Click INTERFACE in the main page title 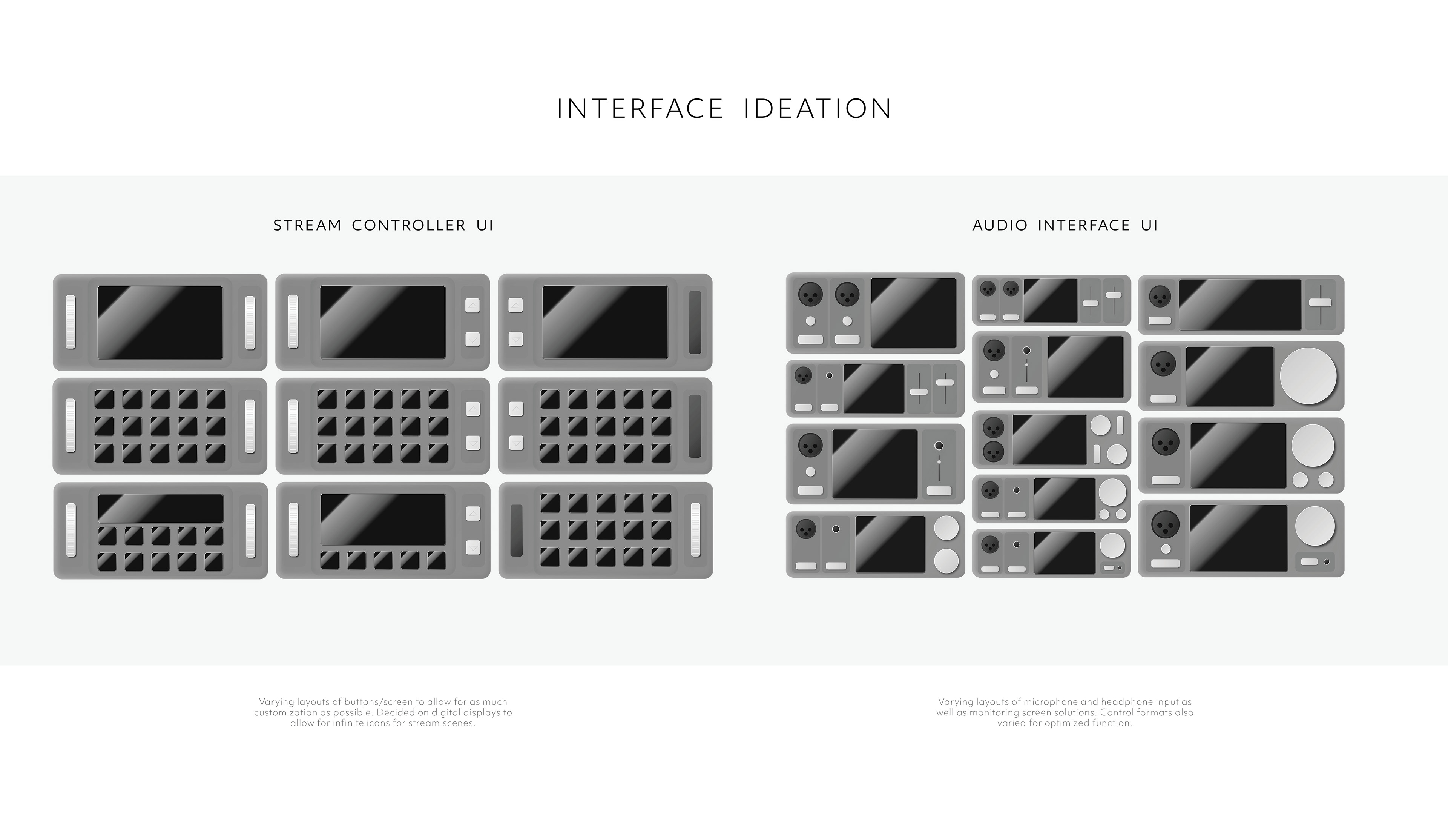640,109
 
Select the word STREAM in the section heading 307,226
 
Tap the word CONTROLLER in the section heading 409,226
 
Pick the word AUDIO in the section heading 1000,226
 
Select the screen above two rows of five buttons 161,508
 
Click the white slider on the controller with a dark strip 695,529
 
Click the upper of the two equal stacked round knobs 946,527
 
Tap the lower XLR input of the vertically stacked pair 993,451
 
